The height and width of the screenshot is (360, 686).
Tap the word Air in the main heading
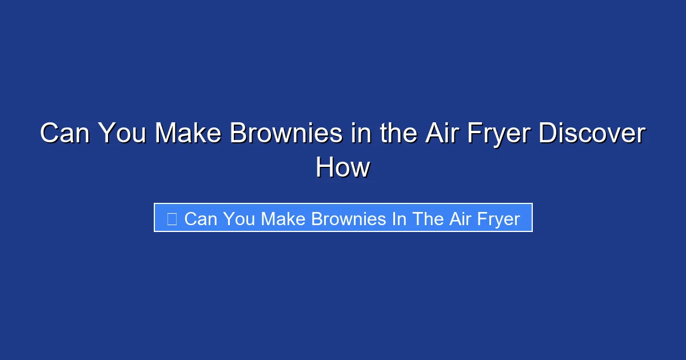[x=439, y=134]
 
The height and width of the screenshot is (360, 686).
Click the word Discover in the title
[x=593, y=134]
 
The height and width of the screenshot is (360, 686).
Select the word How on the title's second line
[x=343, y=168]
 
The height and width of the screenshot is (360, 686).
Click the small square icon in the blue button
[x=171, y=218]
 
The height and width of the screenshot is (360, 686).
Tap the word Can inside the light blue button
[x=201, y=219]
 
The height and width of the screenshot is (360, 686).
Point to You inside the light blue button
[x=240, y=219]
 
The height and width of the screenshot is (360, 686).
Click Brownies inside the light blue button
[x=349, y=219]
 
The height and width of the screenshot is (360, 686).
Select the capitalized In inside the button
[x=398, y=219]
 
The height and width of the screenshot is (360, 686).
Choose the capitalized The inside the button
[x=428, y=219]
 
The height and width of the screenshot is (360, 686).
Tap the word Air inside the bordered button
[x=460, y=219]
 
